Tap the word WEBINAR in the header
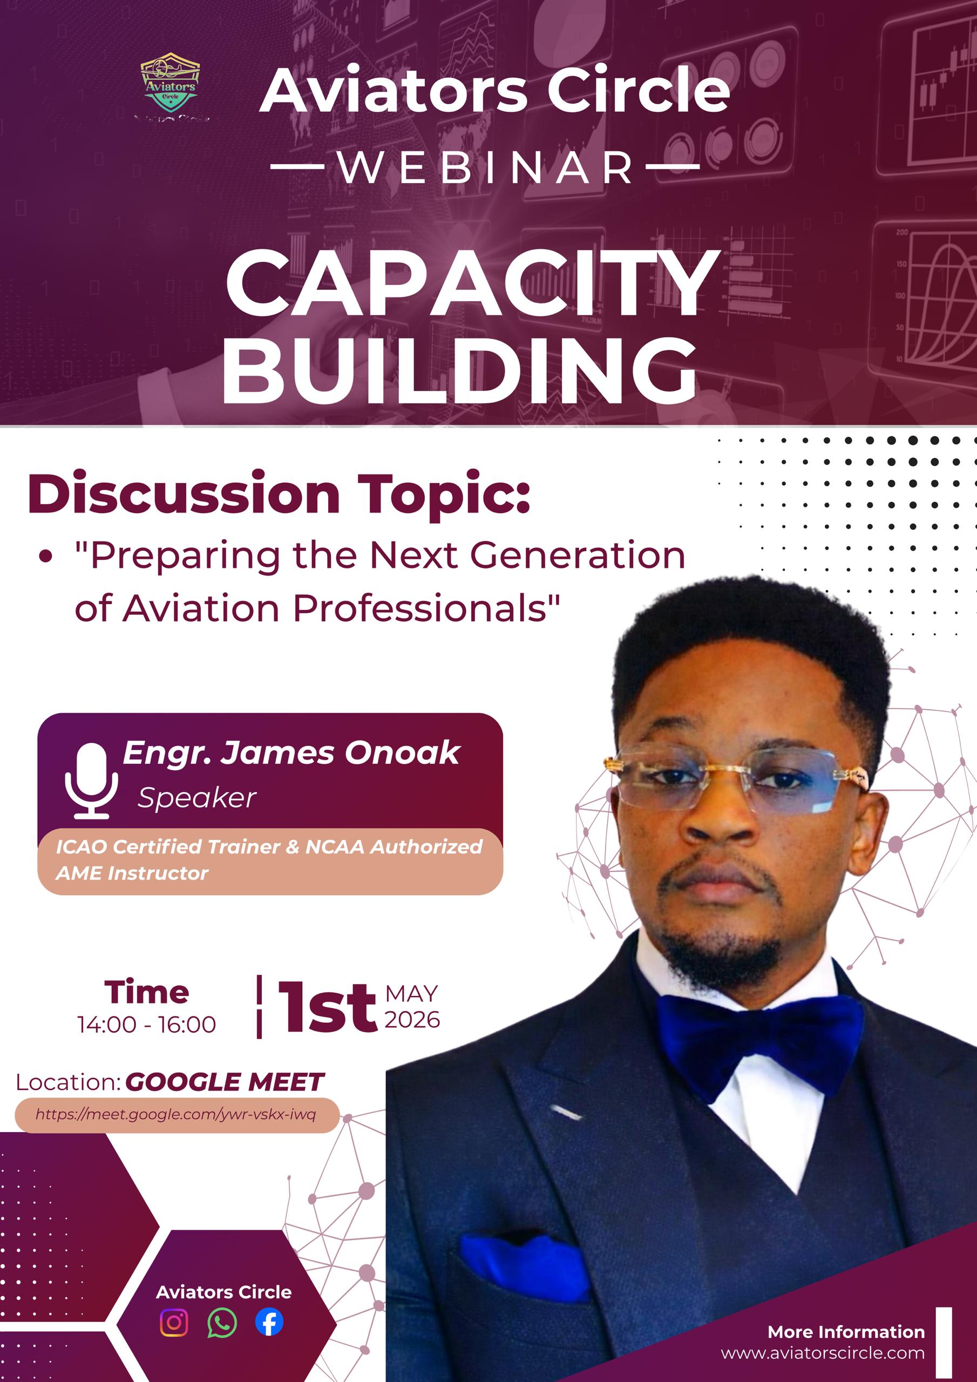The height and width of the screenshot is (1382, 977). coord(485,168)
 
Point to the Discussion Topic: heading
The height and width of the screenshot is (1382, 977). coord(279,495)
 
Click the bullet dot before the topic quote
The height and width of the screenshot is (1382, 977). coord(45,557)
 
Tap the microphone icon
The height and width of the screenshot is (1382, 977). coord(92,780)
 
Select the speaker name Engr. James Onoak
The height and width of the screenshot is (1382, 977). coord(291,753)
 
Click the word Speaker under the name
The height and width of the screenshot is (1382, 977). coord(197,798)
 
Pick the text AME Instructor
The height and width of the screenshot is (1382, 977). coord(132,873)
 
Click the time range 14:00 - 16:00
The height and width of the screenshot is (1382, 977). coord(146,1025)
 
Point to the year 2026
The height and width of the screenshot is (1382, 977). coord(412,1020)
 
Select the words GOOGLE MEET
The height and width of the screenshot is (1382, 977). coord(225,1082)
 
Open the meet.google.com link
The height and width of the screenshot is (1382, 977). coord(176,1114)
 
